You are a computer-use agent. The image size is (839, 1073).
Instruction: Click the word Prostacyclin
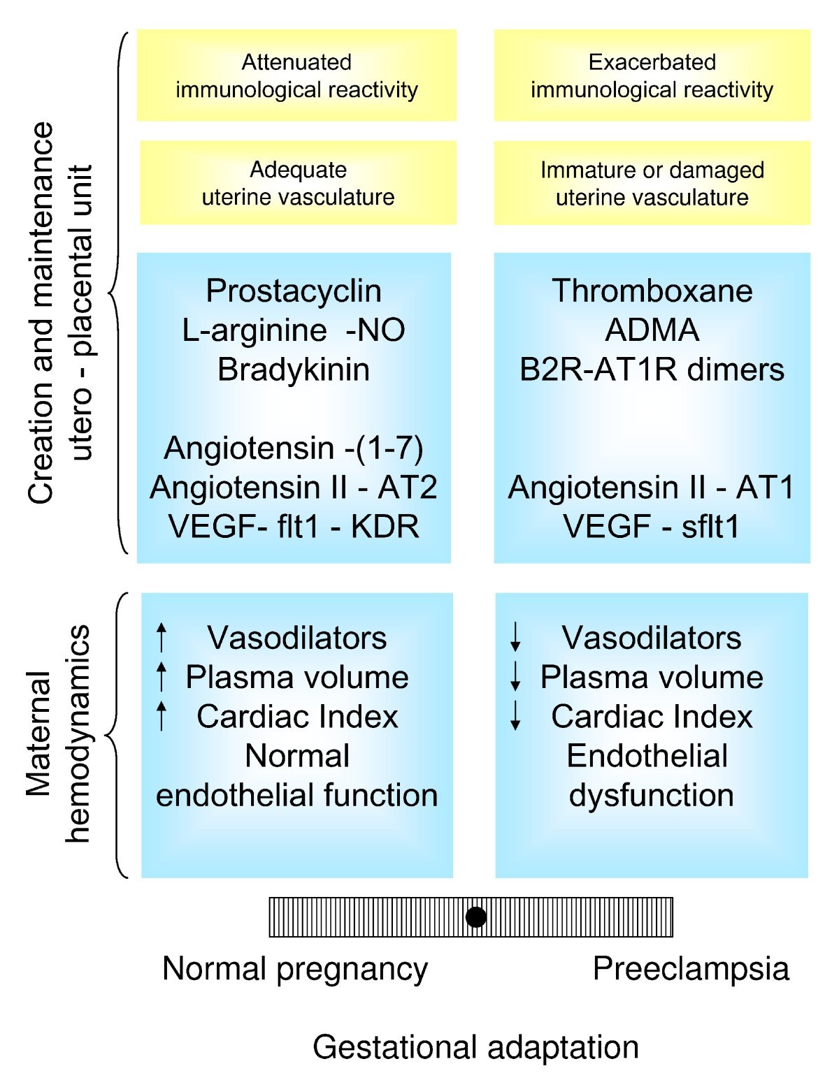pyautogui.click(x=294, y=291)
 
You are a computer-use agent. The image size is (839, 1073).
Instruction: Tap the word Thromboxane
pyautogui.click(x=652, y=291)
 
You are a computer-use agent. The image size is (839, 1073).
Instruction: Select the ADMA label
pyautogui.click(x=652, y=330)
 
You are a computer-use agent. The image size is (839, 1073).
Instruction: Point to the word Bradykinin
pyautogui.click(x=294, y=370)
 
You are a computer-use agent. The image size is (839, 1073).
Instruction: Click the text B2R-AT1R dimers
pyautogui.click(x=652, y=370)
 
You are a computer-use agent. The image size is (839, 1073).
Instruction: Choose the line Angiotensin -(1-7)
pyautogui.click(x=294, y=448)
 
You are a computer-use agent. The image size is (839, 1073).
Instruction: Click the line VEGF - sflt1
pyautogui.click(x=652, y=526)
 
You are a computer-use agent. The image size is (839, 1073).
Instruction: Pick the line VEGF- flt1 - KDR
pyautogui.click(x=294, y=526)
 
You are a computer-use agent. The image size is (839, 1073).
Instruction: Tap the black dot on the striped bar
pyautogui.click(x=476, y=917)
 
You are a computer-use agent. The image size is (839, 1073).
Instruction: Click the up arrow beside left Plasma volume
pyautogui.click(x=162, y=676)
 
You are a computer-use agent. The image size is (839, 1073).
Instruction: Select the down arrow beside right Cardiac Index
pyautogui.click(x=515, y=715)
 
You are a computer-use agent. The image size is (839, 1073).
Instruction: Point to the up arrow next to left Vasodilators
pyautogui.click(x=162, y=637)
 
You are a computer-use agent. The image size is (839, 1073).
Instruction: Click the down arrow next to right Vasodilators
pyautogui.click(x=515, y=637)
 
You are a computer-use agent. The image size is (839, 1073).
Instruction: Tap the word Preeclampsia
pyautogui.click(x=691, y=969)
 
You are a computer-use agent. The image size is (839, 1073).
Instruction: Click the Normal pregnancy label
pyautogui.click(x=295, y=969)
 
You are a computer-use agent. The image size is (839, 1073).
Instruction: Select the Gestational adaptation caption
pyautogui.click(x=475, y=1047)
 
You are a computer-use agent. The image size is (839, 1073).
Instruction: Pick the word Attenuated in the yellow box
pyautogui.click(x=296, y=62)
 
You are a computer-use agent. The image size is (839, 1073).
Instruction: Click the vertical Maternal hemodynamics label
pyautogui.click(x=59, y=733)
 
